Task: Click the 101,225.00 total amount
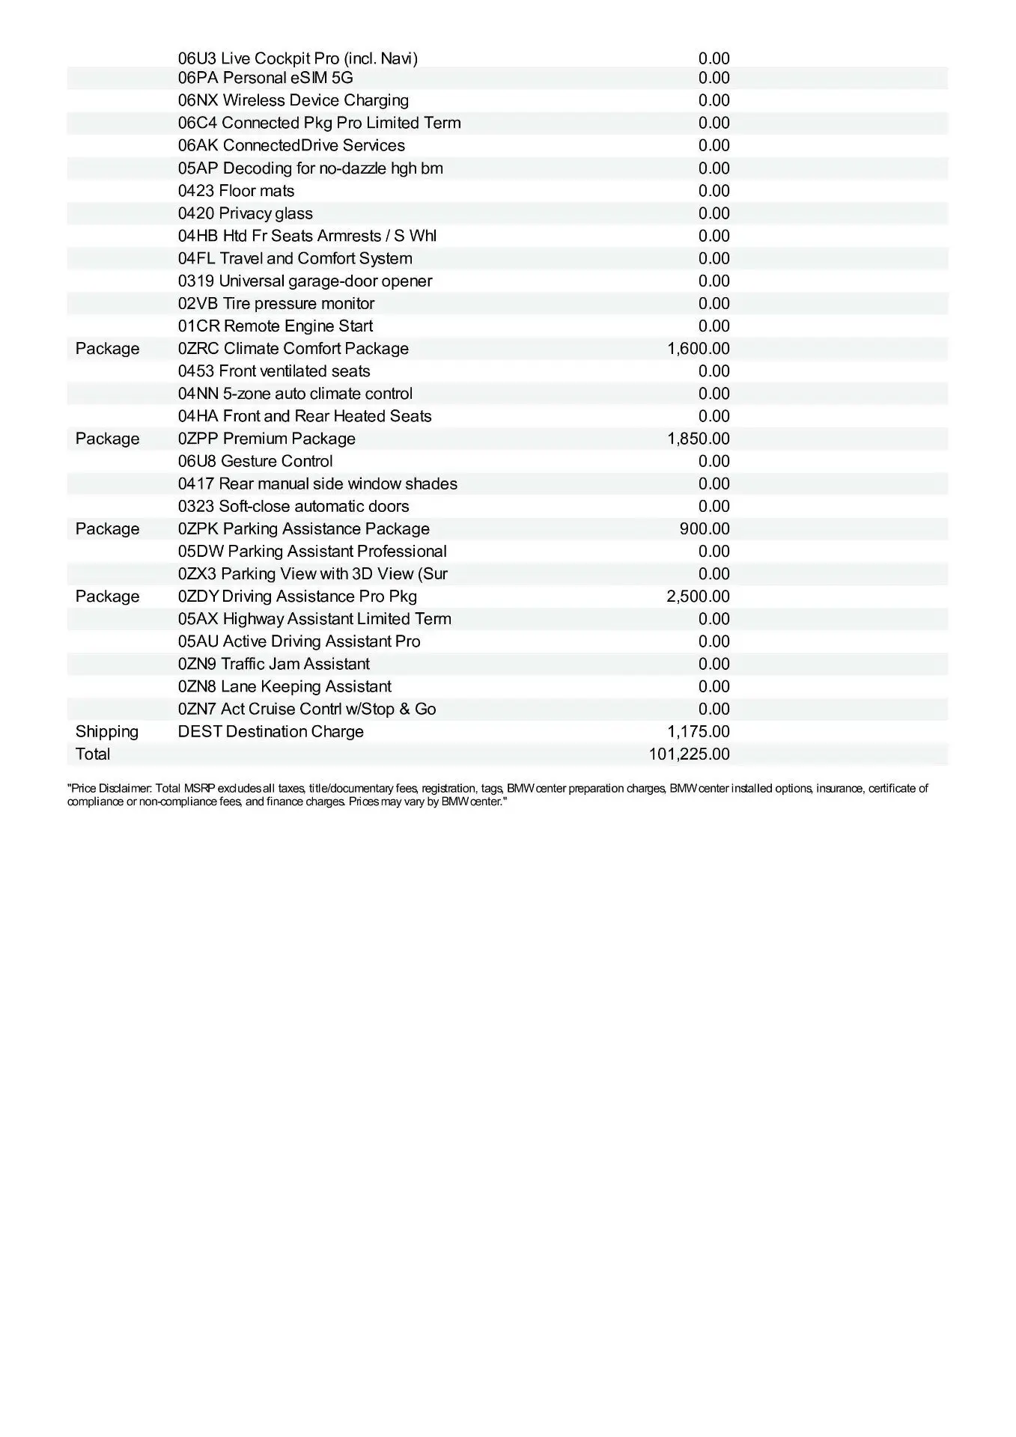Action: click(x=689, y=754)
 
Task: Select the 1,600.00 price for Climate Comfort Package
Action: click(x=698, y=349)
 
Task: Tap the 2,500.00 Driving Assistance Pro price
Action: click(x=698, y=597)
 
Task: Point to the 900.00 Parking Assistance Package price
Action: click(x=705, y=529)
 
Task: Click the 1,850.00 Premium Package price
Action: click(x=698, y=439)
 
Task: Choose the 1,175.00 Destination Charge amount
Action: click(x=698, y=732)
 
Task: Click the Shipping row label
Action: click(x=107, y=732)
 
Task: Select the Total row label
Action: click(x=93, y=754)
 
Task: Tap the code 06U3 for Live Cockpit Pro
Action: click(x=197, y=58)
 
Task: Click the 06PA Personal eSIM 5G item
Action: click(x=265, y=78)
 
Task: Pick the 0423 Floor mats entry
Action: click(x=236, y=191)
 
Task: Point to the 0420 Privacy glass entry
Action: click(x=245, y=213)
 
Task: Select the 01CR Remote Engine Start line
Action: click(x=275, y=326)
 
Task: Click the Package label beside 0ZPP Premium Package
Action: click(x=107, y=439)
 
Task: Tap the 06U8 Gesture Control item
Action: click(x=255, y=461)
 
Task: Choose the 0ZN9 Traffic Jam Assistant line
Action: click(x=273, y=665)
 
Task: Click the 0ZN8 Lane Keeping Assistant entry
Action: click(x=285, y=687)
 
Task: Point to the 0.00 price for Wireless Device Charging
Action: click(x=714, y=100)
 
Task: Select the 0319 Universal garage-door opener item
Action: click(x=305, y=281)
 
